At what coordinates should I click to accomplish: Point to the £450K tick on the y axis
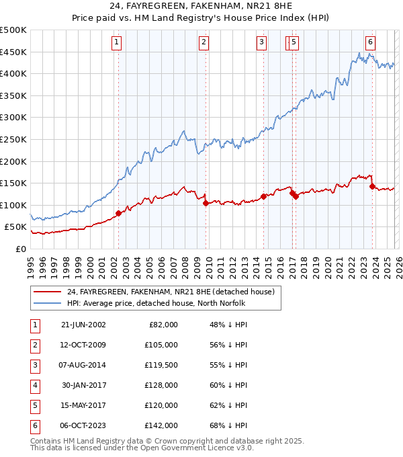(x=13, y=52)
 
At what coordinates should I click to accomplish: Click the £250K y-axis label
(x=13, y=139)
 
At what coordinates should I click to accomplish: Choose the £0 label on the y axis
(x=20, y=249)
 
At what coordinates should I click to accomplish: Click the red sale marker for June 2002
(x=119, y=213)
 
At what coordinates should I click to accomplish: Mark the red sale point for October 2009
(x=206, y=203)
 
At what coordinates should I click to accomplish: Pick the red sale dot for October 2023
(x=371, y=187)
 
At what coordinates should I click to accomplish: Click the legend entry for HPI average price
(x=156, y=303)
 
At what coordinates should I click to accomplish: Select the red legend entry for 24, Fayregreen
(x=170, y=292)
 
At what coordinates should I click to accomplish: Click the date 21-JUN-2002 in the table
(x=83, y=325)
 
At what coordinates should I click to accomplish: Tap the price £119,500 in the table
(x=161, y=365)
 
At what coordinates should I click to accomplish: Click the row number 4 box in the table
(x=34, y=385)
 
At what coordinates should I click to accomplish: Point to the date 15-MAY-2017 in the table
(x=83, y=405)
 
